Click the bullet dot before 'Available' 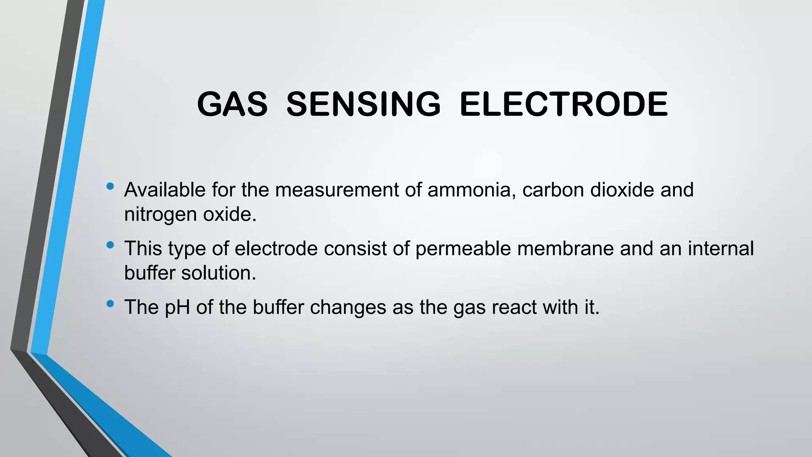click(110, 186)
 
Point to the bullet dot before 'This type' click(110, 245)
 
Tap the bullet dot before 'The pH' click(110, 304)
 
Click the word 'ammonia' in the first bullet click(471, 190)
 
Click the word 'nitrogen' click(160, 215)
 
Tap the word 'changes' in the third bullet click(348, 307)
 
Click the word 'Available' click(165, 190)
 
